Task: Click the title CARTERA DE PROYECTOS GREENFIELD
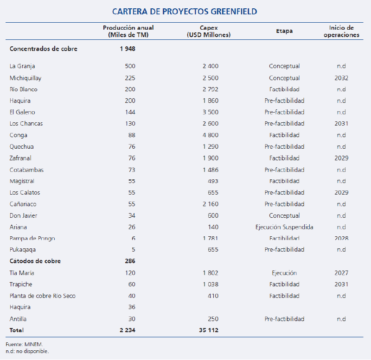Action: [185, 11]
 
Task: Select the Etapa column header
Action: [284, 31]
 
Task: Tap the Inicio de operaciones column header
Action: [341, 31]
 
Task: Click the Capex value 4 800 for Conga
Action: [210, 135]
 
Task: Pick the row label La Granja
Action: [22, 66]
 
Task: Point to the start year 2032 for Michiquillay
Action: [341, 78]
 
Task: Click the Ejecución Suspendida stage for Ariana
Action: [284, 227]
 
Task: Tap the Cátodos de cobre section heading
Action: [35, 261]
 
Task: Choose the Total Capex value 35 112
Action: [208, 330]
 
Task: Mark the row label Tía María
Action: [22, 273]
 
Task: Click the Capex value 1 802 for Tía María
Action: [210, 273]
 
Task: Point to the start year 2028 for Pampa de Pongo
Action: [341, 239]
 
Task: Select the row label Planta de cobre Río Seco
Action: [43, 296]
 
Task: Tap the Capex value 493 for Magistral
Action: [213, 181]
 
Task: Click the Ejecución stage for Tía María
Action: [284, 273]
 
